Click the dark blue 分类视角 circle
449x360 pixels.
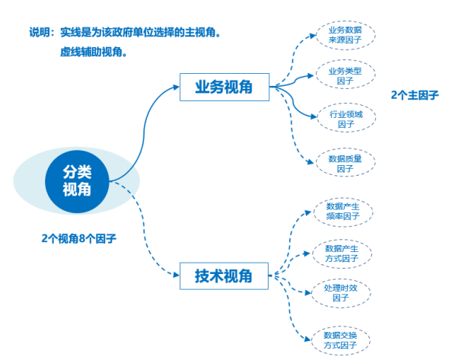(77, 181)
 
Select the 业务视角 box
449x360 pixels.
(224, 87)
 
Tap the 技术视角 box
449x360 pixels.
(224, 276)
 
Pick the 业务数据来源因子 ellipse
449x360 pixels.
(346, 35)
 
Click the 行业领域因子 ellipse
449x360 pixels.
(346, 117)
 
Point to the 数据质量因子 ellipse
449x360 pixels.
(346, 162)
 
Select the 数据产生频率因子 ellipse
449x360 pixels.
(343, 212)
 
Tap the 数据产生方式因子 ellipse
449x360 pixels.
(342, 253)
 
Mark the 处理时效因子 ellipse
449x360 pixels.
(341, 293)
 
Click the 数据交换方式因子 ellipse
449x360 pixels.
(340, 340)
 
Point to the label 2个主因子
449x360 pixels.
(415, 95)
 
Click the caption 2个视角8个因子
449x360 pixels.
(78, 238)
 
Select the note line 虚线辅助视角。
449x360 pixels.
(94, 52)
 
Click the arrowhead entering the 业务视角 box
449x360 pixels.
(177, 87)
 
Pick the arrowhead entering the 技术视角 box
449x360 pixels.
(177, 275)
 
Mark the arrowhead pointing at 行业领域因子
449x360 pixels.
(314, 116)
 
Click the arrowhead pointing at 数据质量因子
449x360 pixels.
(310, 162)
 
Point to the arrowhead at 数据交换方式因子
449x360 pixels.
(307, 339)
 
